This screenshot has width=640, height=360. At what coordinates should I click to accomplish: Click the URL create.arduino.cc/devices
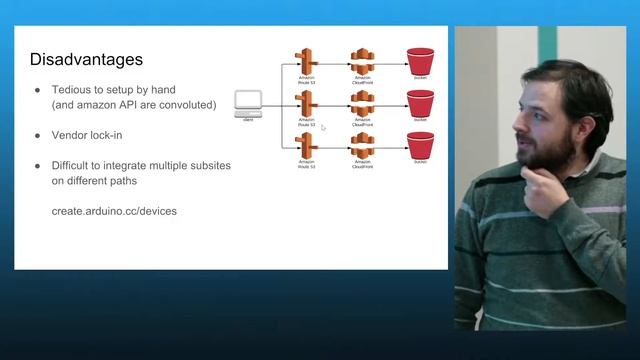point(114,212)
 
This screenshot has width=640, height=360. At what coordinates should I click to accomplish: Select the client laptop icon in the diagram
point(247,101)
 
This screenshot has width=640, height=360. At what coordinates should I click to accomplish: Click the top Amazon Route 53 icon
point(306,59)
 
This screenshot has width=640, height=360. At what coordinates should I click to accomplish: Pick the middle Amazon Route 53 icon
point(306,101)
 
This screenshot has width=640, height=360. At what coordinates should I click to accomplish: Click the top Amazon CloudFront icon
point(362,59)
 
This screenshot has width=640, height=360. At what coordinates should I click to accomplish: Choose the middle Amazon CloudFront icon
point(362,101)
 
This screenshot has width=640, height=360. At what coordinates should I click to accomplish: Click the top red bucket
point(420,59)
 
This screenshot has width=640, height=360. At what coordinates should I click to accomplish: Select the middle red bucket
point(420,102)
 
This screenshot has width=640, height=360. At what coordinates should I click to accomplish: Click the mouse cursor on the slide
point(322,128)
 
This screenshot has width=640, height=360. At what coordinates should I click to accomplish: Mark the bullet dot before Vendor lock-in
point(38,134)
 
